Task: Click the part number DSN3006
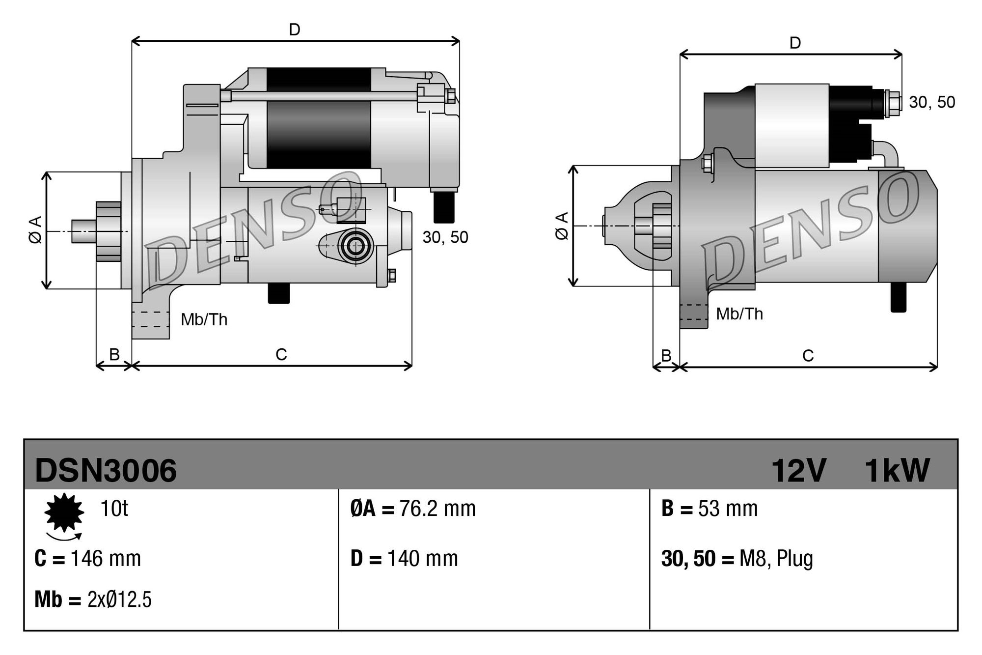pos(106,470)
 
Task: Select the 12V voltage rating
pos(799,470)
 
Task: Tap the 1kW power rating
pos(897,470)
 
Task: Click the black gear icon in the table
pos(64,513)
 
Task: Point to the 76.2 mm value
pos(437,509)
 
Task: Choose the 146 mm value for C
pos(106,559)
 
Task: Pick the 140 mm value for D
pos(422,559)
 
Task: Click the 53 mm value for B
pos(728,509)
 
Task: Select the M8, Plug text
pos(776,559)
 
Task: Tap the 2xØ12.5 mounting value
pos(119,599)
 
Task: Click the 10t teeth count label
pos(114,509)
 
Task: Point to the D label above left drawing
pos(295,30)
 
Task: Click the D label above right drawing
pos(795,43)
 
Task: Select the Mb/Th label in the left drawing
pos(204,320)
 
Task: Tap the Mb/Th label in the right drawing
pos(739,314)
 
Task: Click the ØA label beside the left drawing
pos(35,229)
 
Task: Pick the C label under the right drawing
pos(808,355)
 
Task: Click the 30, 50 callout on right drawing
pos(931,102)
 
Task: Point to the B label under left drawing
pos(114,354)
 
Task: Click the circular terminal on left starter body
pos(355,246)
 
